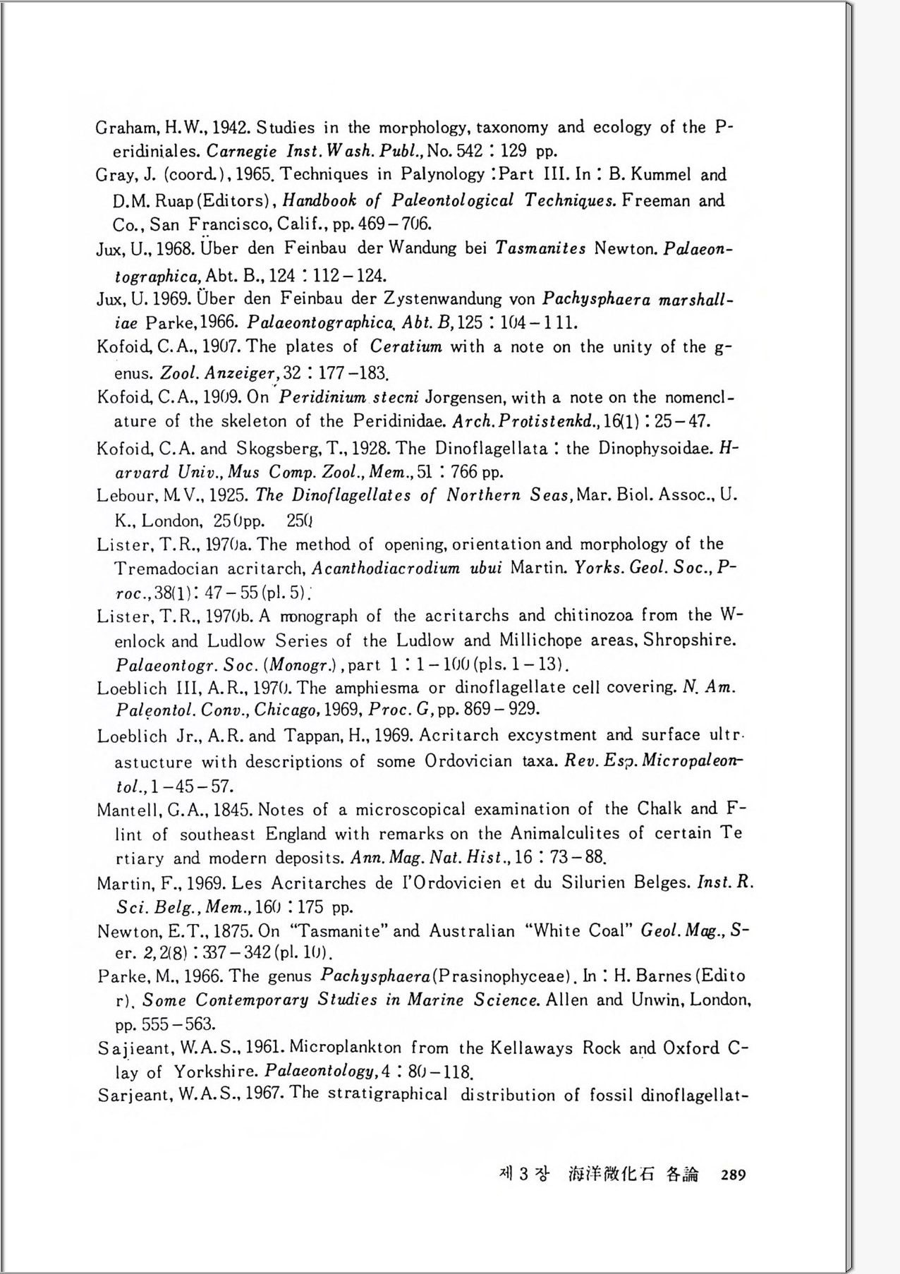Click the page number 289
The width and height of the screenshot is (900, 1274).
point(733,1175)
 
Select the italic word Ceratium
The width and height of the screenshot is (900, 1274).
point(406,346)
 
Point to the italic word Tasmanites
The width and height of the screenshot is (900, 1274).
point(540,248)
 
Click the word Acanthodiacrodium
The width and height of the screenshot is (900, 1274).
point(386,569)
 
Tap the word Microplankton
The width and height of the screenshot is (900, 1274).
point(345,1048)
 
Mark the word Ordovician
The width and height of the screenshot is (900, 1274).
point(468,762)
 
